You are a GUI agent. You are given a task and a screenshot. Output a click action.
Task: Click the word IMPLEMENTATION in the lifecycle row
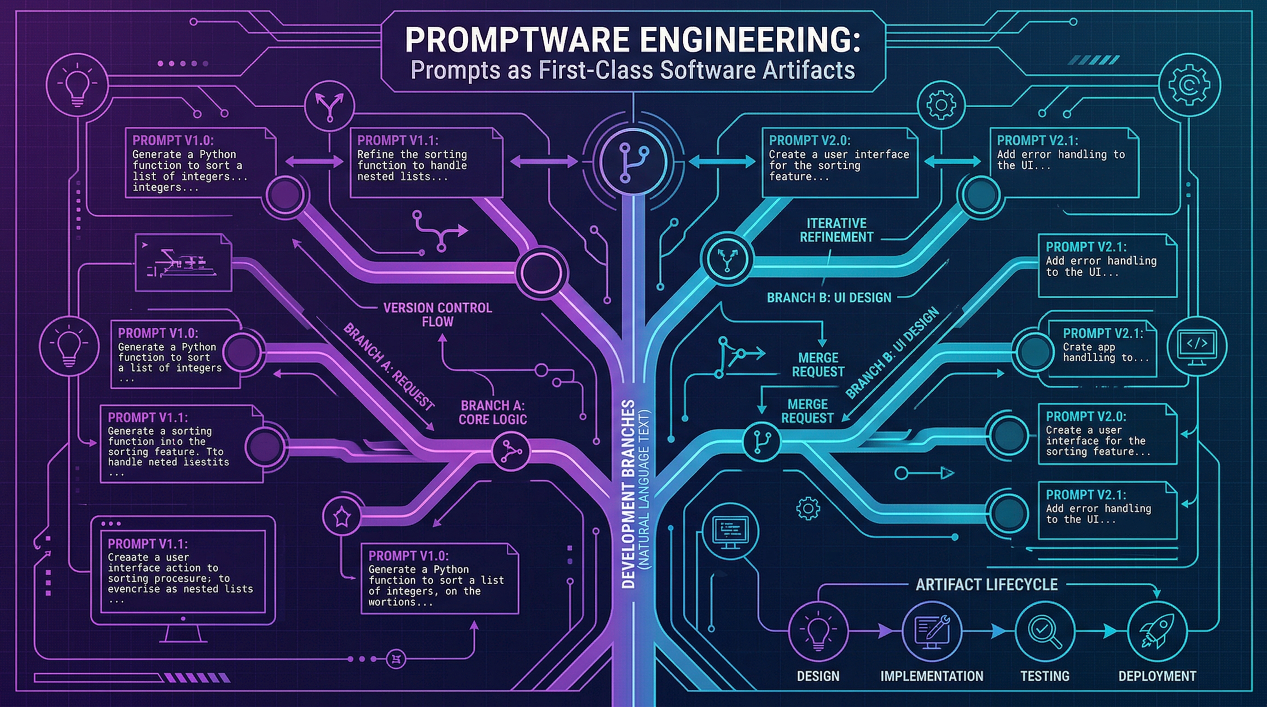pyautogui.click(x=931, y=676)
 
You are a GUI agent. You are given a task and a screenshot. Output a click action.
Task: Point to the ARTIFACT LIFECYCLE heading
pyautogui.click(x=986, y=585)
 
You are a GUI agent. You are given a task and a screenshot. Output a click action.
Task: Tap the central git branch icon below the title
pyautogui.click(x=633, y=161)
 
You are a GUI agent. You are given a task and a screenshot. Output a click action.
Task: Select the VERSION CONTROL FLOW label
pyautogui.click(x=437, y=315)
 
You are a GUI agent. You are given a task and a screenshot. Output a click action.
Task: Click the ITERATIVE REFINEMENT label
pyautogui.click(x=836, y=230)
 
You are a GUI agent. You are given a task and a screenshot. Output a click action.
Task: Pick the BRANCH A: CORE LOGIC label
pyautogui.click(x=492, y=412)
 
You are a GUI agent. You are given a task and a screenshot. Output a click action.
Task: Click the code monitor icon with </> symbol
pyautogui.click(x=1196, y=345)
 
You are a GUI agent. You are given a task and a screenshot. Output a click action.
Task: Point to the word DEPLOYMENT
pyautogui.click(x=1157, y=676)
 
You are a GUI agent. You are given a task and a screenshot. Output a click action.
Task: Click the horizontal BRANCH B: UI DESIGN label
pyautogui.click(x=829, y=297)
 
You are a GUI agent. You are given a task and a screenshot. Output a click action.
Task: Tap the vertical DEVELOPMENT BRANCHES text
pyautogui.click(x=628, y=494)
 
